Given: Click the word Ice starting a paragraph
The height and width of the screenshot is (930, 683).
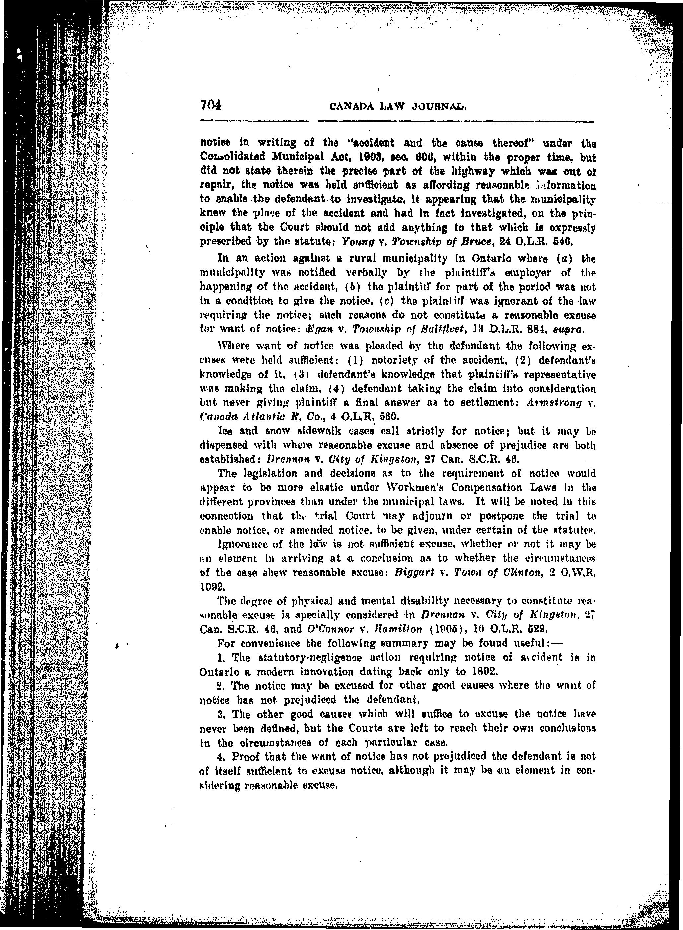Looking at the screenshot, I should (x=225, y=431).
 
